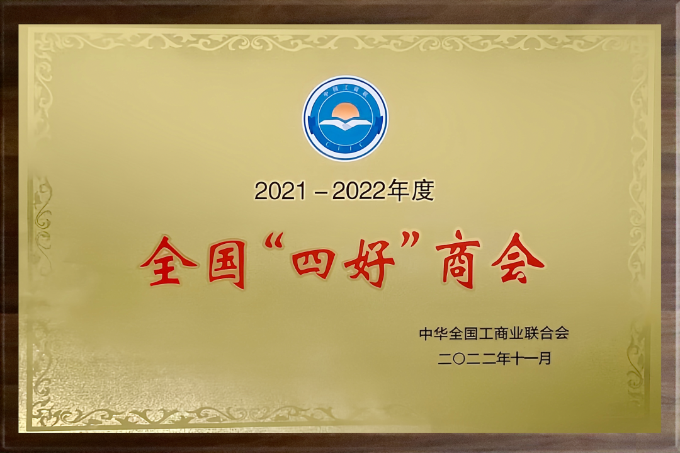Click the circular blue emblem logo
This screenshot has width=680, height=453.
(345, 118)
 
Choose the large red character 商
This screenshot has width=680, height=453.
(458, 260)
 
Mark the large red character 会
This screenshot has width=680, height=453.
(518, 260)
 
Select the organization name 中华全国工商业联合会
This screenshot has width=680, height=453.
(494, 333)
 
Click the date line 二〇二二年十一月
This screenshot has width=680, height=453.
(494, 358)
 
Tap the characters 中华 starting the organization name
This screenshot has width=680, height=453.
(434, 333)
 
